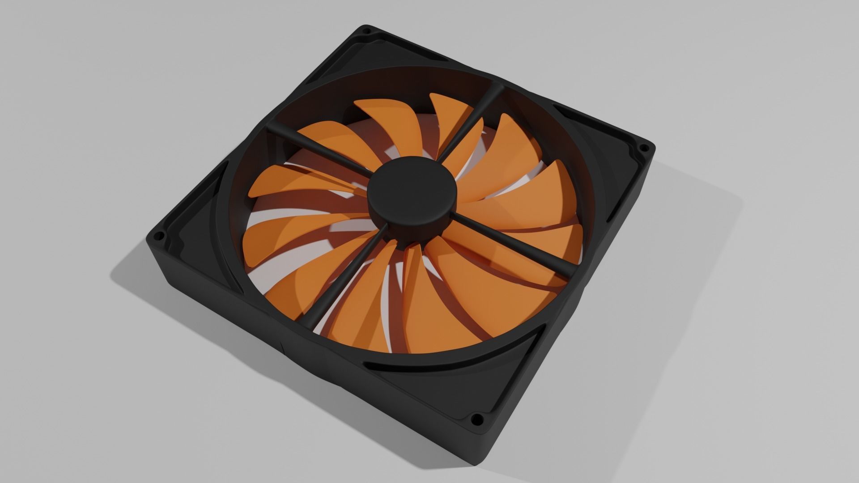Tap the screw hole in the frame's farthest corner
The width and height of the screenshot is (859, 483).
pos(366,32)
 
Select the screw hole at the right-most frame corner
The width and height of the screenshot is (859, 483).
pos(645,147)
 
